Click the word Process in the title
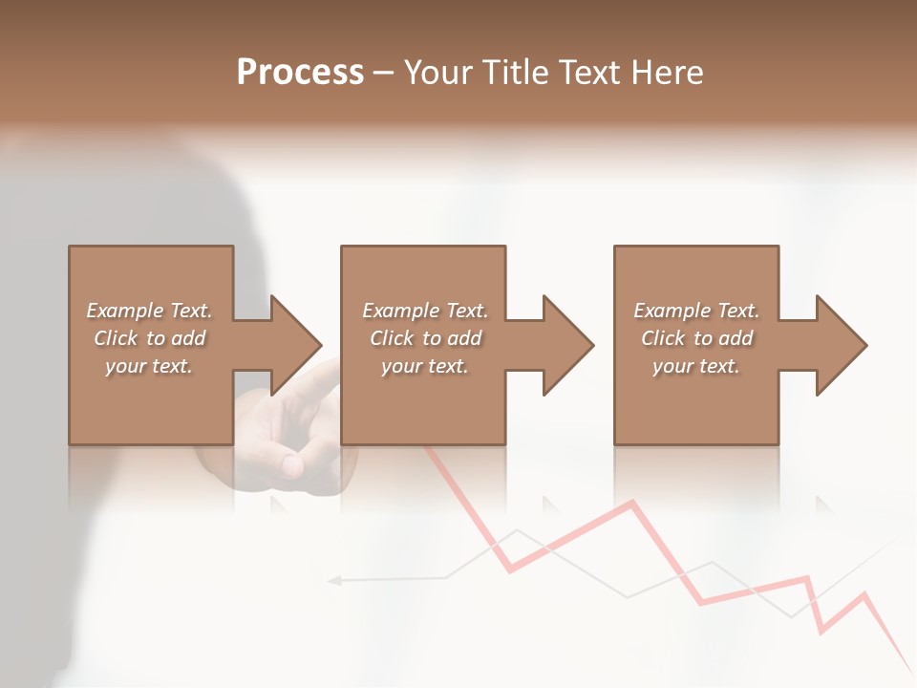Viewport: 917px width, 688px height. pyautogui.click(x=300, y=73)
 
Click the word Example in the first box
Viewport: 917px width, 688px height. pyautogui.click(x=124, y=311)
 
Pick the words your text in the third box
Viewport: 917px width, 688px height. pyautogui.click(x=696, y=366)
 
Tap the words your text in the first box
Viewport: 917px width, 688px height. pyautogui.click(x=149, y=366)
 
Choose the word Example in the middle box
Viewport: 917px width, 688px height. pyautogui.click(x=400, y=311)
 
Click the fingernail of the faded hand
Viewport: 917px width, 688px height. pyautogui.click(x=291, y=465)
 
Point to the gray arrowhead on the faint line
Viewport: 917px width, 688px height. pyautogui.click(x=334, y=579)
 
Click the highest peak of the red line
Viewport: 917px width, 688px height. pyautogui.click(x=631, y=502)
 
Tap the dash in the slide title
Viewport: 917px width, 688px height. pyautogui.click(x=383, y=73)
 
